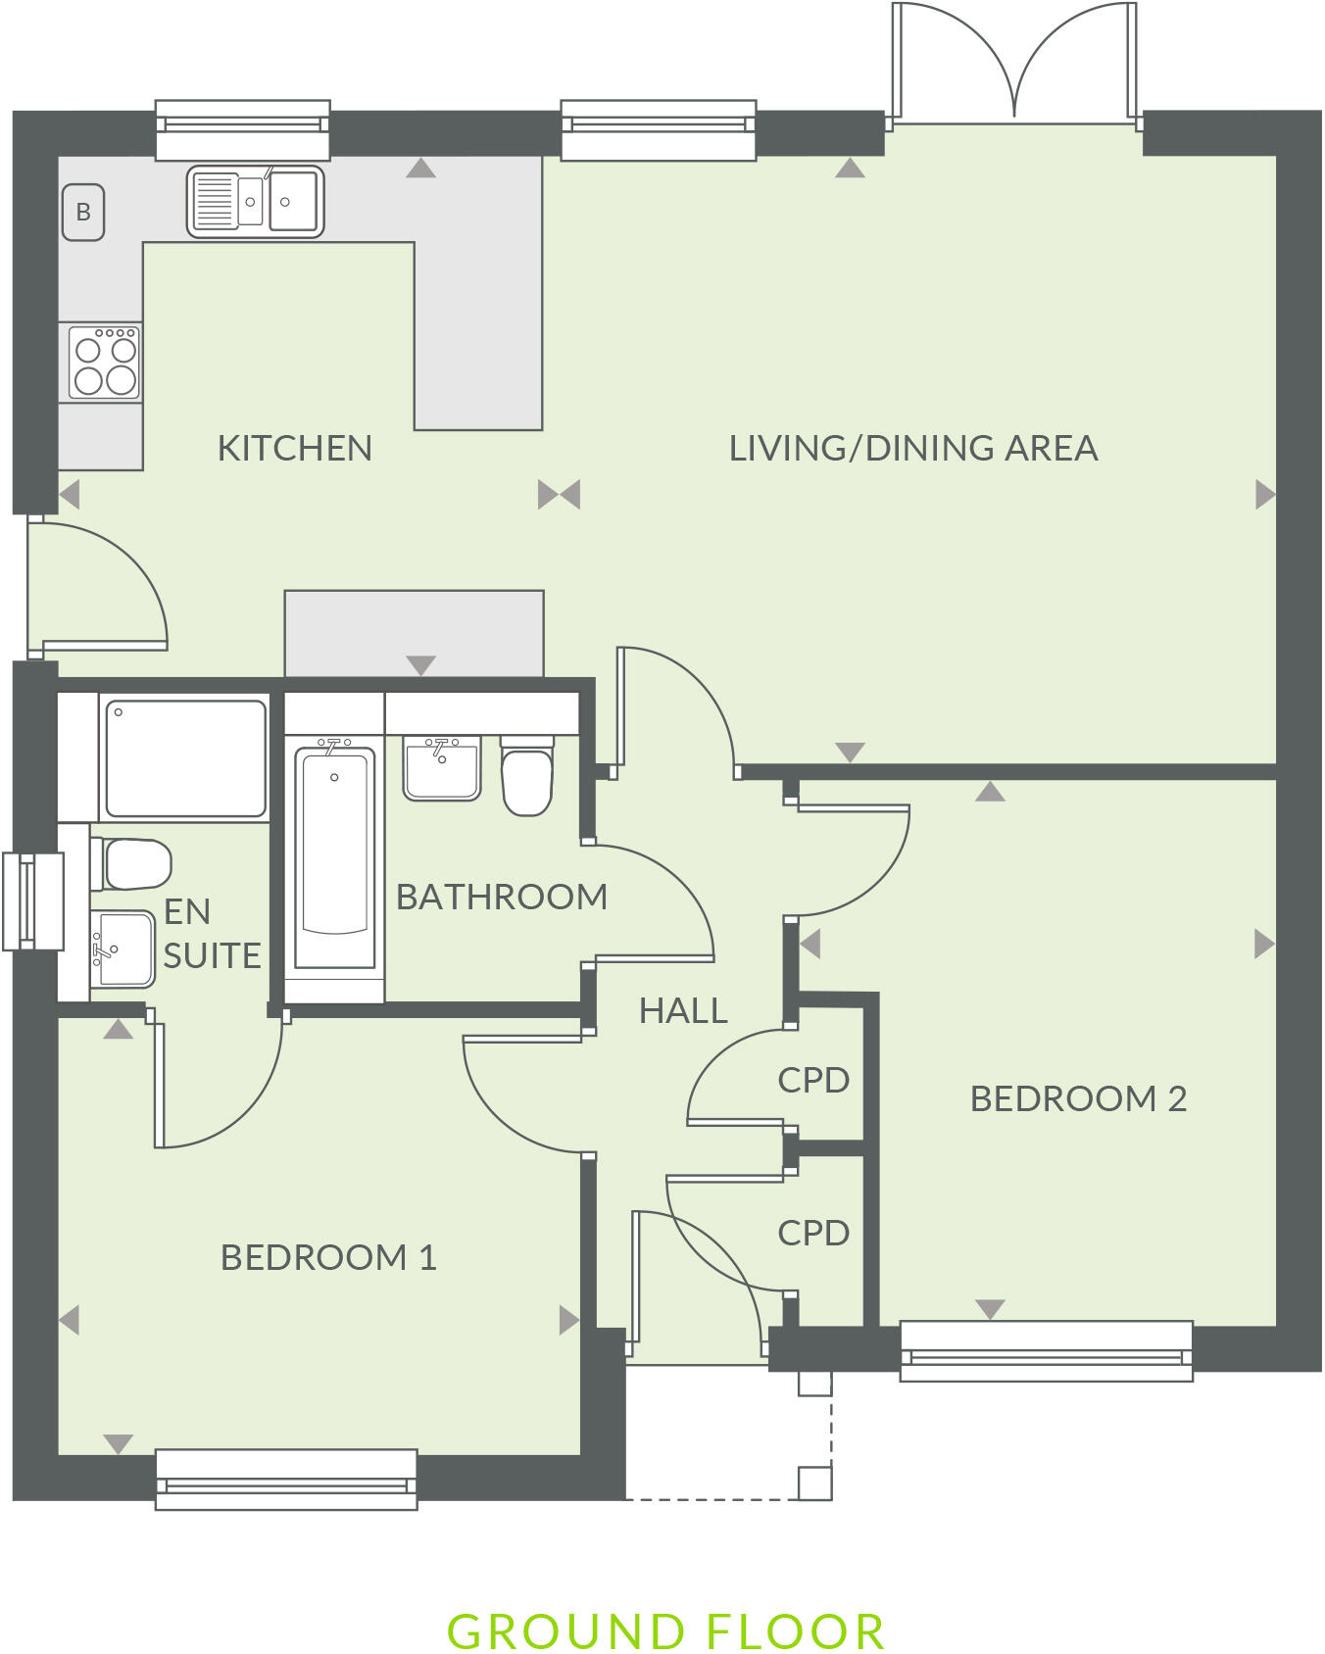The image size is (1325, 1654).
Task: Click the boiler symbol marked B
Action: click(83, 212)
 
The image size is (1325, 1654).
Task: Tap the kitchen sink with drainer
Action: click(255, 201)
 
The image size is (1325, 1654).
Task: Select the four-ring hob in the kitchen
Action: click(104, 363)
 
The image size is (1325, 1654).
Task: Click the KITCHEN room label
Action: click(294, 449)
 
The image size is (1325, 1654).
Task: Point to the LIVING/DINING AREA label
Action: click(912, 448)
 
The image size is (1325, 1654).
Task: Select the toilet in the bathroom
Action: click(527, 778)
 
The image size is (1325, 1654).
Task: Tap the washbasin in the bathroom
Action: click(442, 769)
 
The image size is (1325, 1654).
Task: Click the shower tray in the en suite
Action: click(185, 758)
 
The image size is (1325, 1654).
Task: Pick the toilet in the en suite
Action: click(132, 863)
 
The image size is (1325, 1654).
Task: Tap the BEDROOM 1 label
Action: click(328, 1257)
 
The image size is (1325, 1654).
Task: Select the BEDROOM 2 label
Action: click(1078, 1098)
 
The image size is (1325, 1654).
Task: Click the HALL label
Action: click(683, 1010)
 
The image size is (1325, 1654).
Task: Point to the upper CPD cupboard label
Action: click(812, 1080)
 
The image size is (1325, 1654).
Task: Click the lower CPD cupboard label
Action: click(812, 1233)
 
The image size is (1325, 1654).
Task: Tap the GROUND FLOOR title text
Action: click(665, 1632)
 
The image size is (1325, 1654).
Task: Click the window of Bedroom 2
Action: click(1046, 1351)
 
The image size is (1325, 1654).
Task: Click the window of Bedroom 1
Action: click(286, 1479)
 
